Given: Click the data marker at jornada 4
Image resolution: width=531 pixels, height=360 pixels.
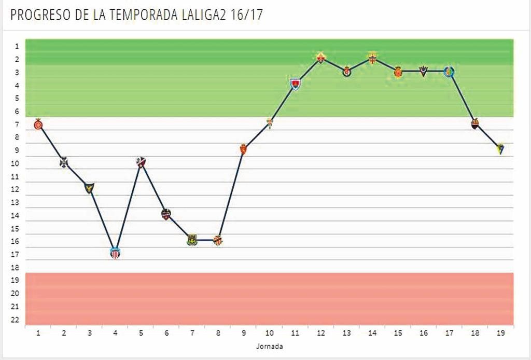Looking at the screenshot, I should coord(115,253).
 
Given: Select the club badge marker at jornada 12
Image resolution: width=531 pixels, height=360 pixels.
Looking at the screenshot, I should coord(320,58).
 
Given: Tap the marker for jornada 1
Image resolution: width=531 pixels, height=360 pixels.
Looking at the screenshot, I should coord(38,124).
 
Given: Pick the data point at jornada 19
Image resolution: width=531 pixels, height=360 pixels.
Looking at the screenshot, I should coord(500,149).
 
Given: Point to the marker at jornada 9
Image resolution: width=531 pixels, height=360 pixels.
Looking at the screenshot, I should coord(243,149).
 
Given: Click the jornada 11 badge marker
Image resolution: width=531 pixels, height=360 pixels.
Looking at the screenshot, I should coord(295,84).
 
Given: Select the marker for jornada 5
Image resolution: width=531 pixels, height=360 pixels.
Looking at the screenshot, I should coord(141,162).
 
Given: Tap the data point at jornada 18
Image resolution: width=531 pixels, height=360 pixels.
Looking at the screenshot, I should coord(474,123).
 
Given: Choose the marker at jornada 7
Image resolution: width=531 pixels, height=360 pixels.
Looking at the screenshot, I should coord(192,240).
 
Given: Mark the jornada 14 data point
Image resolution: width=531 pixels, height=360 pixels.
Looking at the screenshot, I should coord(372,58).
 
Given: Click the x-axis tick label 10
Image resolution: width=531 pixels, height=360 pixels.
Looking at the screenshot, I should coord(269,333).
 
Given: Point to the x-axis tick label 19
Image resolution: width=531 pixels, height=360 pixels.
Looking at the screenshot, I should coord(500,333).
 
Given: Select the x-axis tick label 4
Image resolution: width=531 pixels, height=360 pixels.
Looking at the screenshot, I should coord(115,333).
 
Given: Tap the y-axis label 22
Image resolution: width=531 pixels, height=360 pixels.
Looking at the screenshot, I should coord(15,320).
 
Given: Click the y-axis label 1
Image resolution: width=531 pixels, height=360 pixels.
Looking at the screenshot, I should coord(17,46).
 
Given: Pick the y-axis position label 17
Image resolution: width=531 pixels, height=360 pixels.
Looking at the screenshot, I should coord(15,254).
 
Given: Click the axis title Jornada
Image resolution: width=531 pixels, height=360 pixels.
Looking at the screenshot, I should coord(269,345).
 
